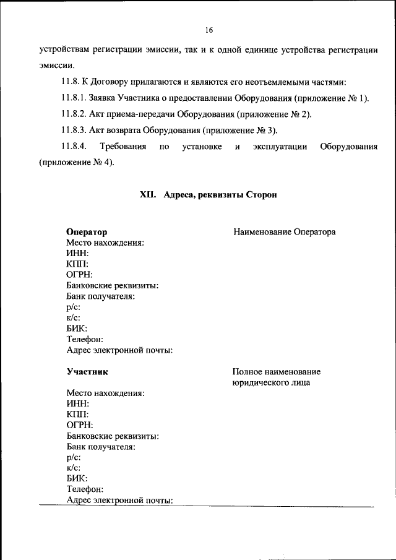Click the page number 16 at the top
pos(209,30)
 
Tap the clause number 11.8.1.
pos(74,98)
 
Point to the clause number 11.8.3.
pos(74,130)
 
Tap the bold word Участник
pos(87,372)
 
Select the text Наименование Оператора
pos(285,232)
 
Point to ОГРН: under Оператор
pos(80,275)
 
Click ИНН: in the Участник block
pos(77,403)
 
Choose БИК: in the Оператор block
pos(77,329)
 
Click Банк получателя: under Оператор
pos(101,296)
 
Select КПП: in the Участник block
pos(77,414)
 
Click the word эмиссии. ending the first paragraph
pos(57,65)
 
